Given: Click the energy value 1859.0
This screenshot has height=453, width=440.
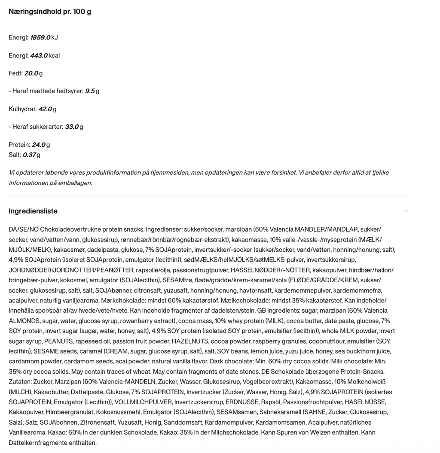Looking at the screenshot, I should pyautogui.click(x=40, y=38).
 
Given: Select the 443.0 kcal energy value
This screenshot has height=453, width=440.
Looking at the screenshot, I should pyautogui.click(x=39, y=56).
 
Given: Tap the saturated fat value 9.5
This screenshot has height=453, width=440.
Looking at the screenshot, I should pyautogui.click(x=90, y=91).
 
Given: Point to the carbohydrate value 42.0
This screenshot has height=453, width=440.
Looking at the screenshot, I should pyautogui.click(x=45, y=109).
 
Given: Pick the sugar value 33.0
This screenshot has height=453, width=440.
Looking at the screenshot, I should pyautogui.click(x=72, y=127).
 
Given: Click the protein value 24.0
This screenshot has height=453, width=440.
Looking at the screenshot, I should pyautogui.click(x=39, y=145).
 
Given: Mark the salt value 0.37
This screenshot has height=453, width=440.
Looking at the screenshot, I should pyautogui.click(x=29, y=155).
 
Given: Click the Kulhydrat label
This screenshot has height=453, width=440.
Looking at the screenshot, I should pyautogui.click(x=22, y=109).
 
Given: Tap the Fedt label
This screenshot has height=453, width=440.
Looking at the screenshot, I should pyautogui.click(x=15, y=73).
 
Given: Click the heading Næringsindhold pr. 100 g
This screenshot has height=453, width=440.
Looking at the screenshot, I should pyautogui.click(x=50, y=12).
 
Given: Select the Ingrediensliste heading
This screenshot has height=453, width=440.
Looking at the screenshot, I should pyautogui.click(x=33, y=211).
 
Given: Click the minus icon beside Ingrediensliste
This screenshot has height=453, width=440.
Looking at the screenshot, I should pyautogui.click(x=406, y=211).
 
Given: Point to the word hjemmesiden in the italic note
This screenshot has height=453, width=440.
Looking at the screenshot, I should pyautogui.click(x=165, y=172).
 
